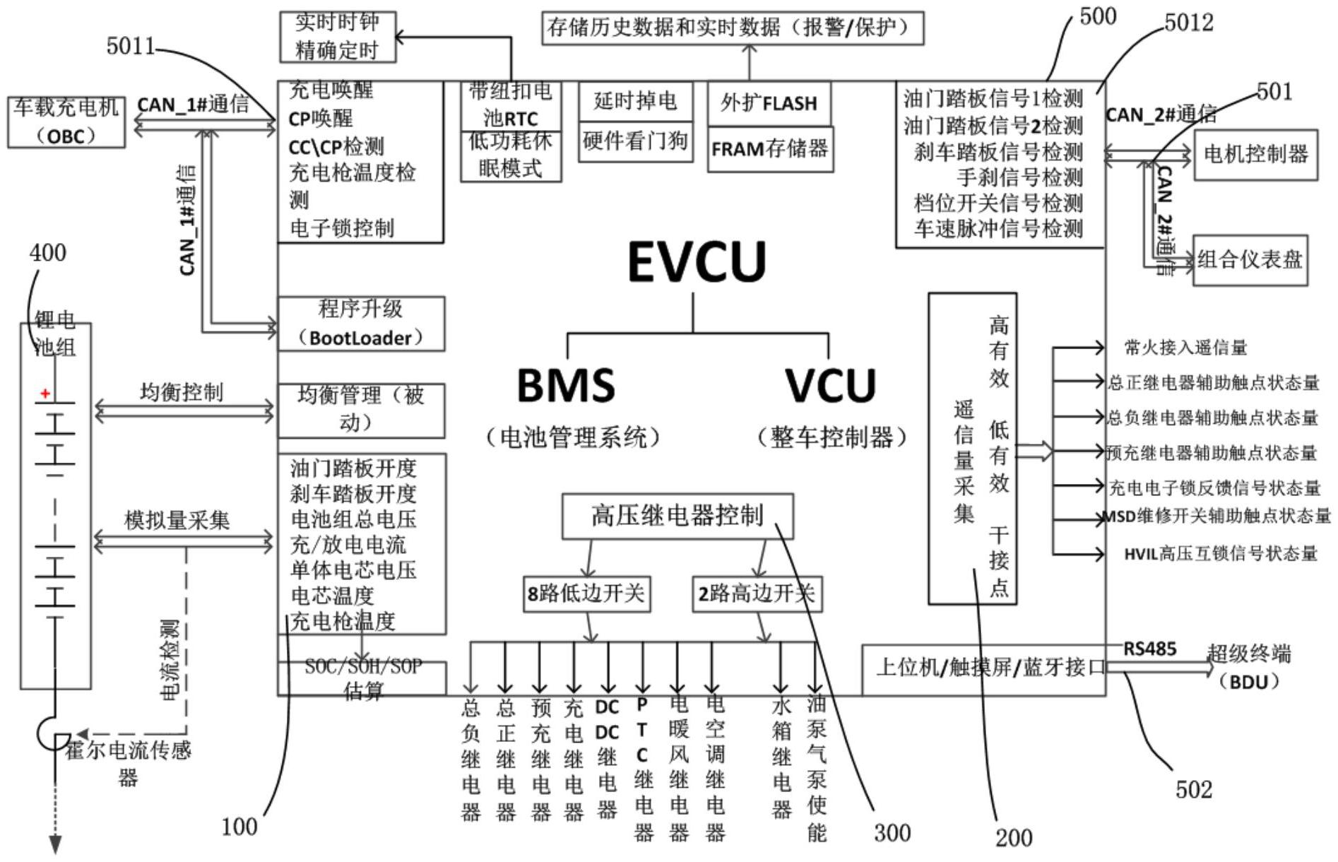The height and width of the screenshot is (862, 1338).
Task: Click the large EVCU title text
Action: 697,261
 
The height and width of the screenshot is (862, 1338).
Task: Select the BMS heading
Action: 566,386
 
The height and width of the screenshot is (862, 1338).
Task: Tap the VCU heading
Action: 830,386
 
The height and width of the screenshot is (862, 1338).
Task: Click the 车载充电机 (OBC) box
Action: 66,122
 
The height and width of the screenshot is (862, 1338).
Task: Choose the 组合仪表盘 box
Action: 1250,260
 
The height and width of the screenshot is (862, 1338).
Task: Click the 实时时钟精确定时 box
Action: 337,37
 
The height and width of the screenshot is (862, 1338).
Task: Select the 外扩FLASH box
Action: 769,103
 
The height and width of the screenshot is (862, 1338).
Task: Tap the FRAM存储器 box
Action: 770,149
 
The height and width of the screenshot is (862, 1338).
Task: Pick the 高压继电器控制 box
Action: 677,516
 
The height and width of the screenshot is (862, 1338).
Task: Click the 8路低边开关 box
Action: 586,594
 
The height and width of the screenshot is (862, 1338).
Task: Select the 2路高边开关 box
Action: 756,594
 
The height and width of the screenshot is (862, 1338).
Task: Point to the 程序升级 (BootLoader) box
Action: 361,324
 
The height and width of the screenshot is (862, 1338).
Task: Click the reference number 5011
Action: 131,47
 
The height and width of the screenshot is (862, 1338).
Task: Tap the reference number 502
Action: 1193,789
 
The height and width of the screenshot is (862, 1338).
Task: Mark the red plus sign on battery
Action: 45,394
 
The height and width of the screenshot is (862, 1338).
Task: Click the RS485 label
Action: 1149,649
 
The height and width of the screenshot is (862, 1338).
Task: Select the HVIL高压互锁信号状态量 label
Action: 1220,554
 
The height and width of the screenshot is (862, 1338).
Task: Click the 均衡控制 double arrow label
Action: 182,393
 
